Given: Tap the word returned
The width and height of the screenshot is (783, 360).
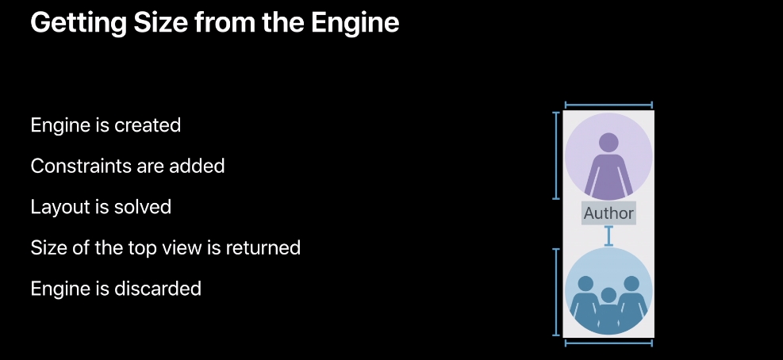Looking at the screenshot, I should coord(263,248).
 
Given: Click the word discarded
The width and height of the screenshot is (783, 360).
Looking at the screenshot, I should coord(159,289).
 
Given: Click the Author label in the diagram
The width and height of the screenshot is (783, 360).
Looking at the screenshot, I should coord(608,213).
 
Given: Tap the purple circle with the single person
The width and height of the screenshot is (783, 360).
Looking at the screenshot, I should coord(608,155).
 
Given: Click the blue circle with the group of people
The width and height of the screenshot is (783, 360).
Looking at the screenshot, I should coord(608,290).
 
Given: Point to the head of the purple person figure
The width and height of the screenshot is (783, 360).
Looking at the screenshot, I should coord(608,143).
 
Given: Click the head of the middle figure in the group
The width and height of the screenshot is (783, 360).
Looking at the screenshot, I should coord(608,295).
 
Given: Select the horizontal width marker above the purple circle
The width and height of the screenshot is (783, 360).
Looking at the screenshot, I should coord(608,105).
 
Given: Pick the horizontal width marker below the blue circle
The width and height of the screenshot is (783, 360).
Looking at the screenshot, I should coord(608,343).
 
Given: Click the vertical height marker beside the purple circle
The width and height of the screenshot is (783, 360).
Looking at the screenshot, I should coord(556,155).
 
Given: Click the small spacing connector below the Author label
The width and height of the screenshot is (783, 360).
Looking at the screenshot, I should coord(608,236).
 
